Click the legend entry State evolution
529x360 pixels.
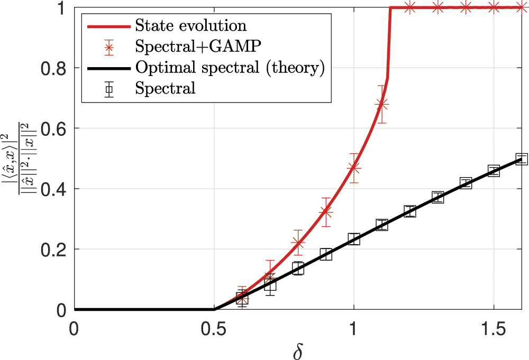(x=190, y=25)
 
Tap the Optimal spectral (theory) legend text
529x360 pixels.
(x=230, y=67)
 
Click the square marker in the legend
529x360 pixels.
(x=108, y=89)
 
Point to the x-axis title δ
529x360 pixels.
(x=298, y=350)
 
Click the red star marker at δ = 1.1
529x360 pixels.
(x=381, y=104)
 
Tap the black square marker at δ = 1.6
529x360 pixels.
(x=522, y=159)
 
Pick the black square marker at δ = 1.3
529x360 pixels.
(x=437, y=198)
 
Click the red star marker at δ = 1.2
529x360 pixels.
(x=409, y=7)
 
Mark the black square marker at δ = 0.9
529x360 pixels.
(x=326, y=254)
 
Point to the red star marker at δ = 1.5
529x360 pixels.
(x=494, y=7)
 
